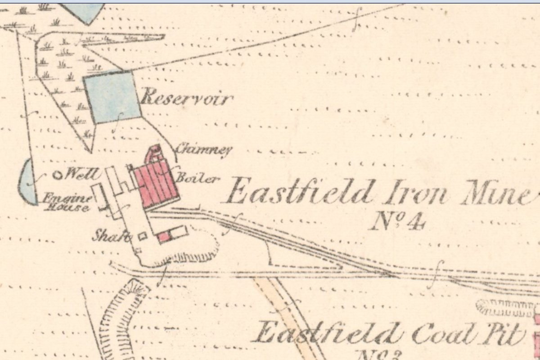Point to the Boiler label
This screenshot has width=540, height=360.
tap(198, 178)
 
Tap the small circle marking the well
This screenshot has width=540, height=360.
tap(57, 175)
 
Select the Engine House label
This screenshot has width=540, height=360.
tap(67, 203)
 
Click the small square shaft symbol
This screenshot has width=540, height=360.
tap(143, 236)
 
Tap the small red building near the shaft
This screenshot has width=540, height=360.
tap(163, 236)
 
